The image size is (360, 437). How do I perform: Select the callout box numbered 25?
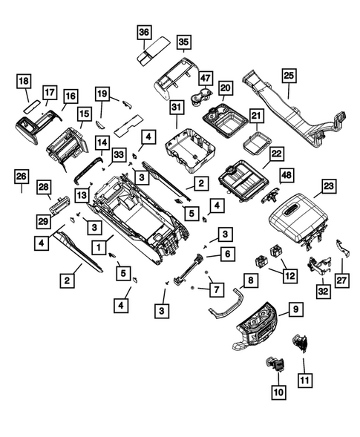[289, 76]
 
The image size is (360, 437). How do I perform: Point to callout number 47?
[204, 77]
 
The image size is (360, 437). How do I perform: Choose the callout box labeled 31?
[176, 109]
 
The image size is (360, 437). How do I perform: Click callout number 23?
[327, 188]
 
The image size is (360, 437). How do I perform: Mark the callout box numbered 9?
[294, 309]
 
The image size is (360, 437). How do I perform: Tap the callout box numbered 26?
[22, 177]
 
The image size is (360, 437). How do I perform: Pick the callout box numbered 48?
[286, 174]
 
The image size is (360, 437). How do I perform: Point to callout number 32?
[323, 292]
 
